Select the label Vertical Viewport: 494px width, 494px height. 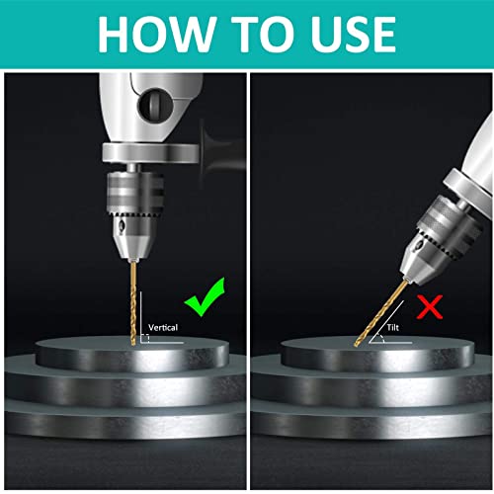pyautogui.click(x=165, y=325)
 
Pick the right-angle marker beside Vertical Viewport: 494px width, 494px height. pyautogui.click(x=144, y=337)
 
